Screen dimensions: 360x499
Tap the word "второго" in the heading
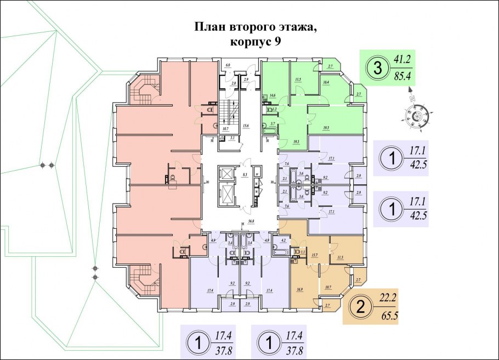[x=257, y=27]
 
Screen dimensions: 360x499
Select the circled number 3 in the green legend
[x=377, y=69]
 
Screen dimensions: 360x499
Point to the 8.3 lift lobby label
[x=245, y=174]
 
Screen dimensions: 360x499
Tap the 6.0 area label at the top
[x=227, y=65]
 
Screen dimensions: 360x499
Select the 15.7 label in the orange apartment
[x=315, y=255]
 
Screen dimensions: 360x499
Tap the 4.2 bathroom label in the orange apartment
[x=283, y=240]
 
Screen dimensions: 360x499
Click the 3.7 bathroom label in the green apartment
[x=272, y=124]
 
